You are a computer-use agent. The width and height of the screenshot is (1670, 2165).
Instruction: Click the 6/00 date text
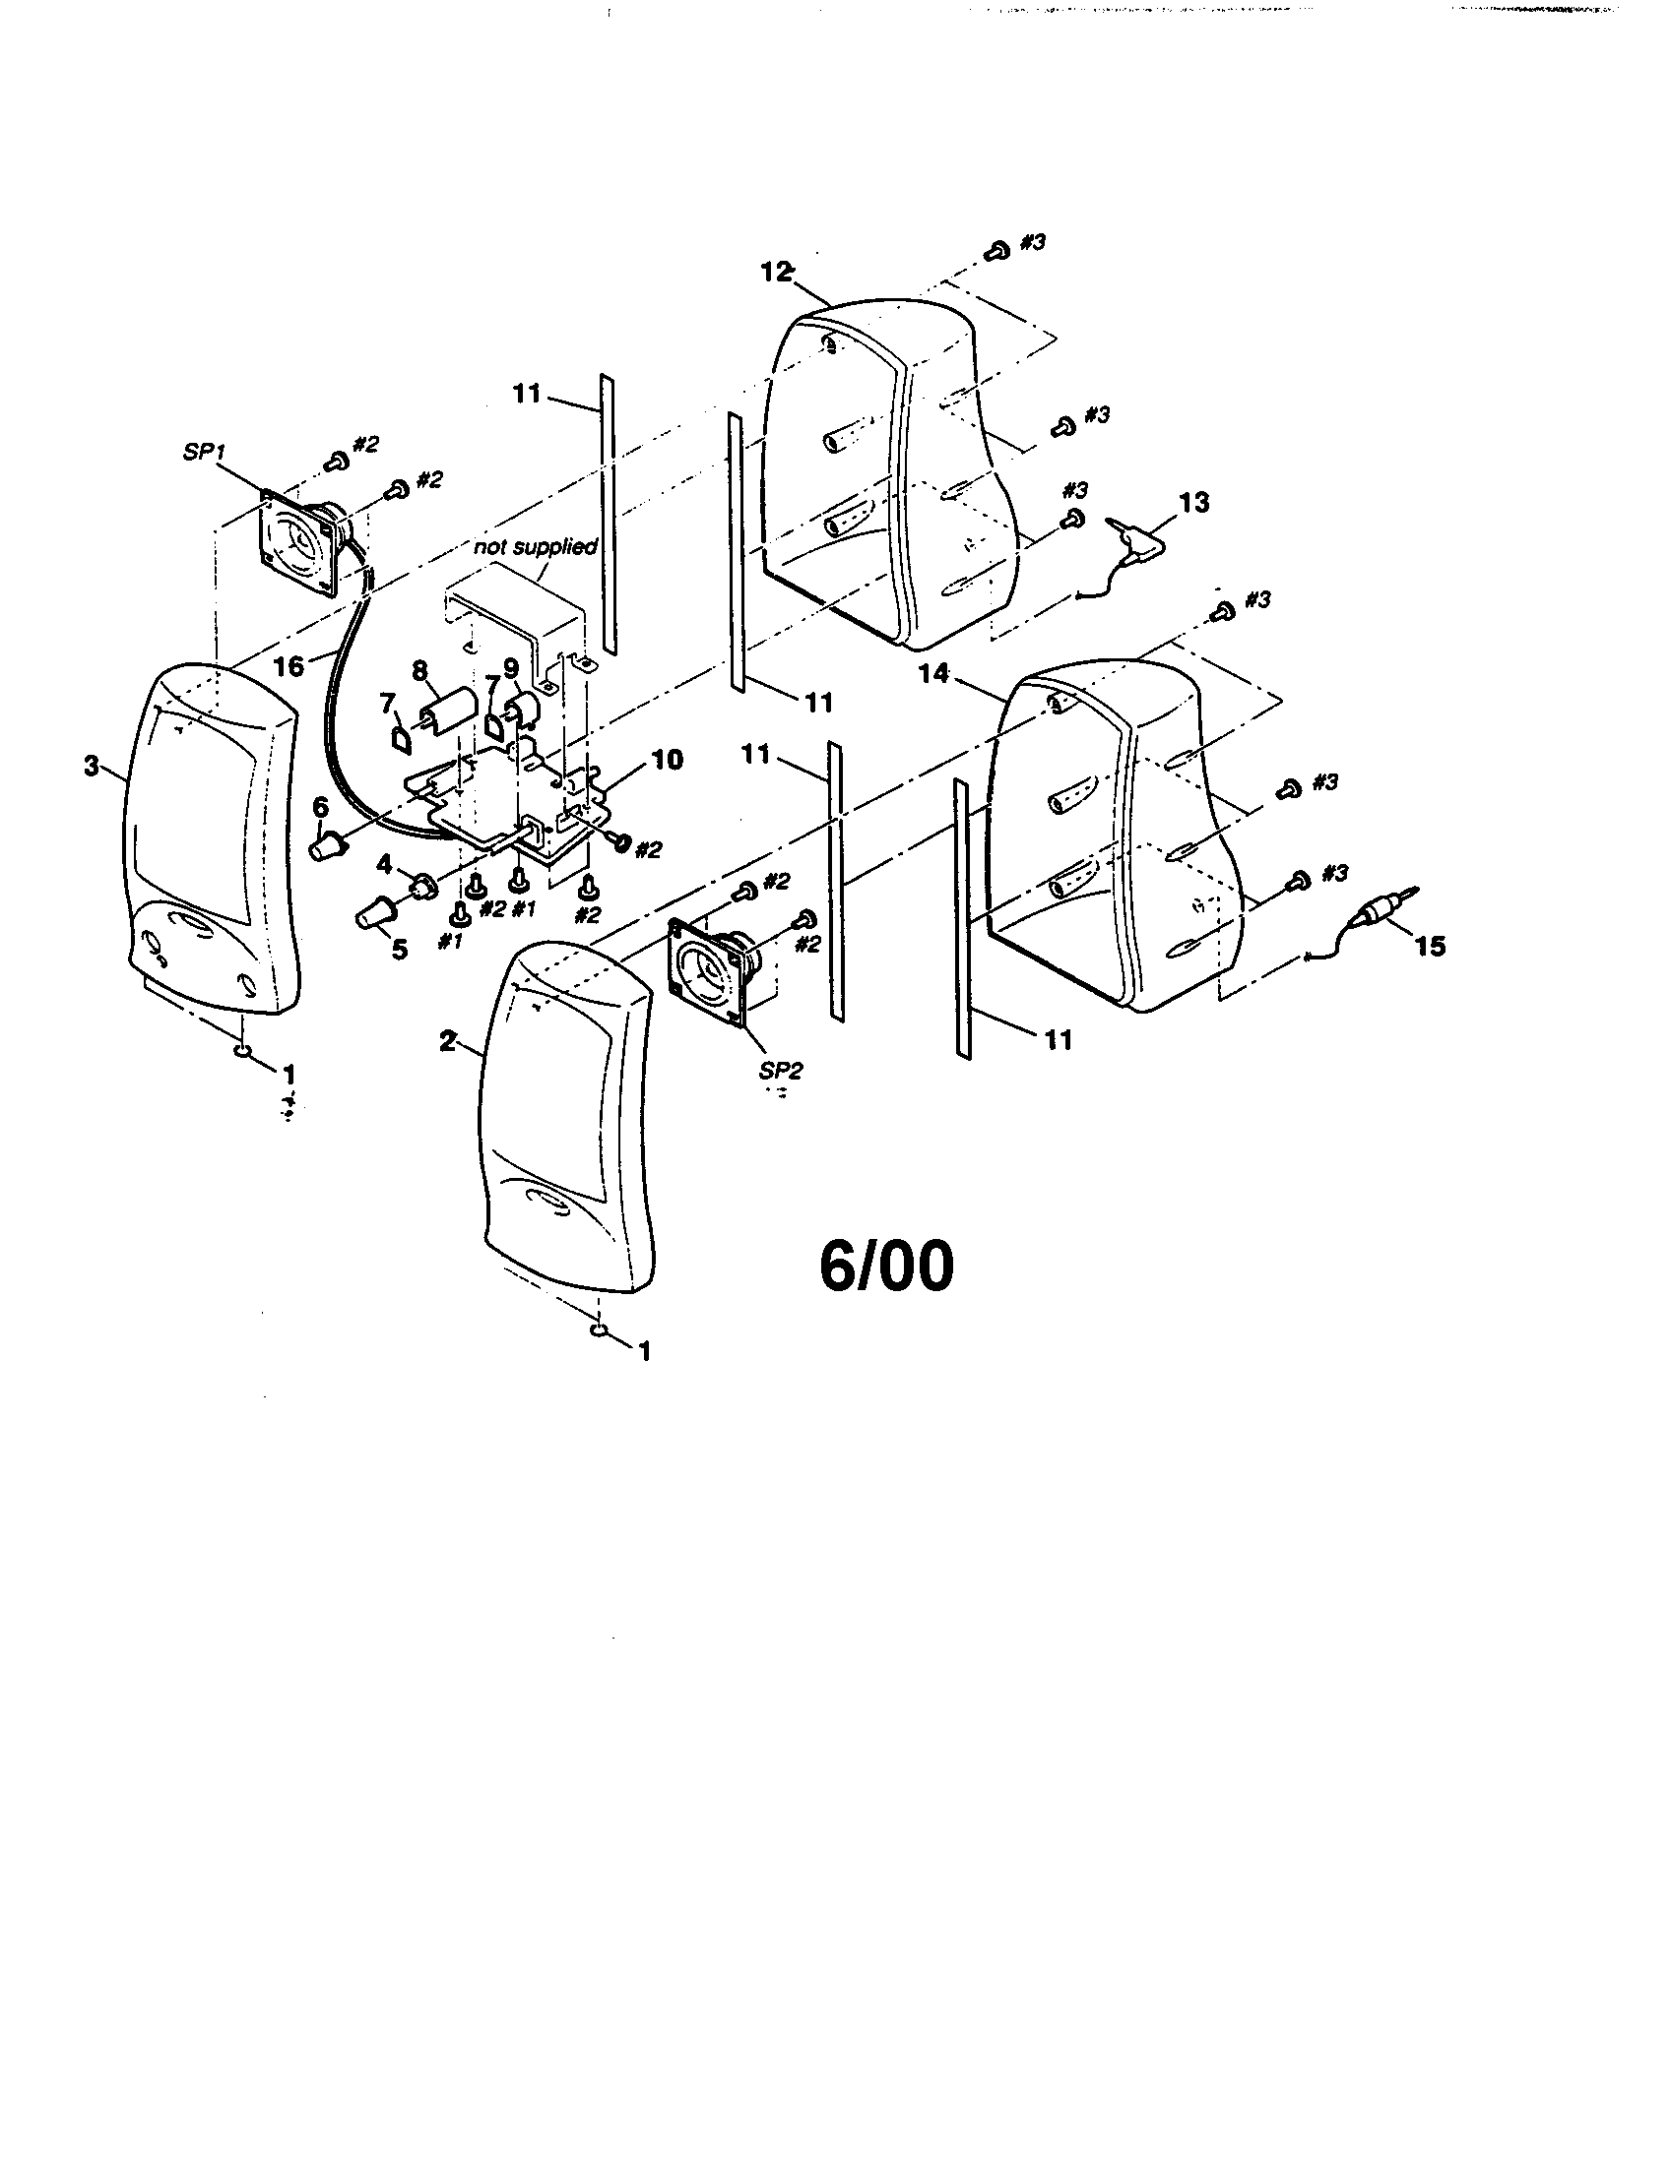[x=886, y=1266]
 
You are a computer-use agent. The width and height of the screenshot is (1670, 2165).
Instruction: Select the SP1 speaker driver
[x=306, y=545]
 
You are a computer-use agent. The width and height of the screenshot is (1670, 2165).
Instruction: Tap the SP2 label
[x=782, y=1072]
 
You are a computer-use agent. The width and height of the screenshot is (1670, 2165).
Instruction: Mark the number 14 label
[x=934, y=674]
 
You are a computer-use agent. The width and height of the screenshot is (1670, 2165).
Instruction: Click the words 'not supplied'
[x=535, y=546]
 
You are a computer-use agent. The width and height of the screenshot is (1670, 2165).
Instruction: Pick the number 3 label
[x=92, y=766]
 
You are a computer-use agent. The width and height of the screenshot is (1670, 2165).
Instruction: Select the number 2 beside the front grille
[x=448, y=1041]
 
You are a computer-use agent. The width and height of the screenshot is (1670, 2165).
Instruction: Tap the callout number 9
[x=512, y=669]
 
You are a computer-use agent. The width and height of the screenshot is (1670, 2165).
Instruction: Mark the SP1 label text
[x=205, y=452]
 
